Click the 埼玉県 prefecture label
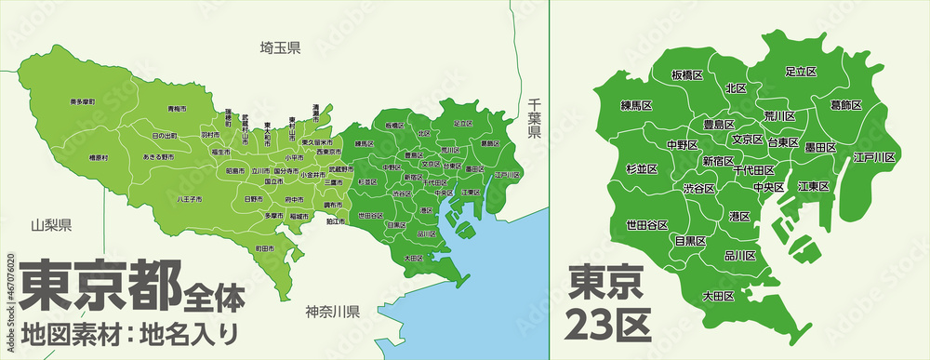(280, 47)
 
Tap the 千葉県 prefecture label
(534, 118)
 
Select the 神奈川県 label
(334, 311)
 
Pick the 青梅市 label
(175, 109)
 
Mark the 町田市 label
(265, 248)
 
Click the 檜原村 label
(98, 158)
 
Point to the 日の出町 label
(165, 136)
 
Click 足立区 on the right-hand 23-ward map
(800, 71)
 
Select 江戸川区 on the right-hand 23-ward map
(874, 158)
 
